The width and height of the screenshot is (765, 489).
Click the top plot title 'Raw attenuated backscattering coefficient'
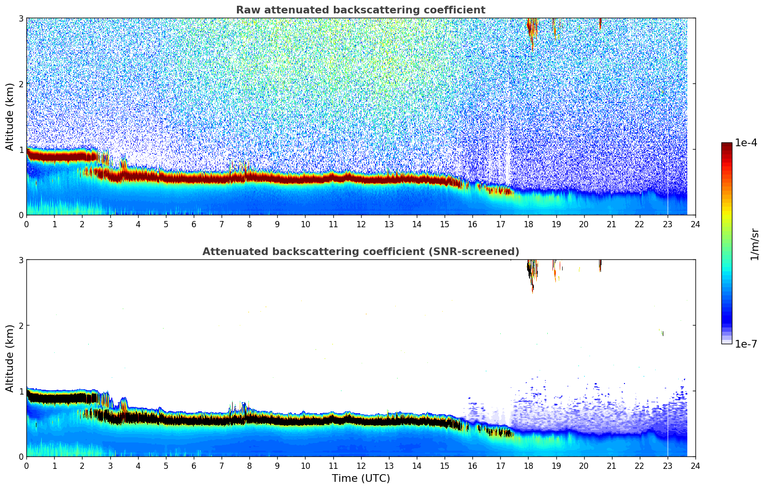tap(360, 10)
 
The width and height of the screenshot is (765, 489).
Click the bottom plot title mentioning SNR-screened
tap(360, 252)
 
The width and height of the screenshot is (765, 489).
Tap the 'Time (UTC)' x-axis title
tap(361, 478)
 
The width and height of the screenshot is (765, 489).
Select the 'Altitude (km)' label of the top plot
tap(10, 116)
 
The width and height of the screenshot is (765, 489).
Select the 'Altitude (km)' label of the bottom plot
tap(10, 358)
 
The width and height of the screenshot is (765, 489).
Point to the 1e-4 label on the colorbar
tap(746, 143)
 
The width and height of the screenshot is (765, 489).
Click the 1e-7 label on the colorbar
tap(746, 344)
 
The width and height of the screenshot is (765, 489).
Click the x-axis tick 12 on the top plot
tap(361, 224)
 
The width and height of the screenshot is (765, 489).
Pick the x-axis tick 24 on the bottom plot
tap(695, 466)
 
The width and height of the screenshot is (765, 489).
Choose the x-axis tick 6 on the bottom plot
tap(194, 466)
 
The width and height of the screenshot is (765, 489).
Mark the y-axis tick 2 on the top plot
tap(21, 84)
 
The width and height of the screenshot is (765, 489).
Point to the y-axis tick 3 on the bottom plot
tap(21, 260)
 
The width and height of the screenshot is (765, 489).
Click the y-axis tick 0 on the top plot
tap(21, 215)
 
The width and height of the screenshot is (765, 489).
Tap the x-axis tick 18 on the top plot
tap(528, 224)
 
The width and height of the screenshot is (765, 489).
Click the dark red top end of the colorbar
tap(726, 145)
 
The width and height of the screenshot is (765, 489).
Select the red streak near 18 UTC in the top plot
tap(531, 31)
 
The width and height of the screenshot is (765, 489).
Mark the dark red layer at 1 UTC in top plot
tap(54, 156)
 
